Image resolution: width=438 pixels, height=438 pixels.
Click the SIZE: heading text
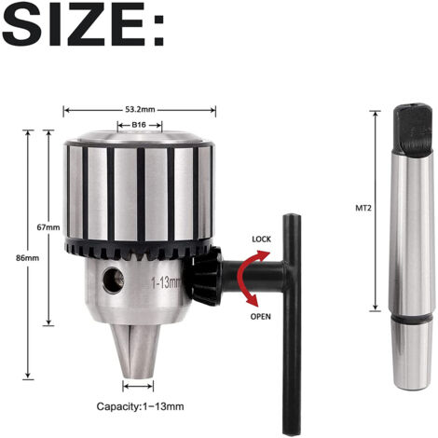[x=83, y=24]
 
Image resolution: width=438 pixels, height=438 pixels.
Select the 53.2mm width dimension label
[x=140, y=109]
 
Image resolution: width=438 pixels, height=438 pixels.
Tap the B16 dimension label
[x=139, y=125]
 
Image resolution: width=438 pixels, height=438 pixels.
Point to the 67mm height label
[x=48, y=227]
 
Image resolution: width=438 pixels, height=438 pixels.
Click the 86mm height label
[x=28, y=258]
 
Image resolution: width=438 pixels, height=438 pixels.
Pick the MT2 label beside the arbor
[x=363, y=208]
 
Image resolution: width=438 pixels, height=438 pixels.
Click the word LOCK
[x=261, y=240]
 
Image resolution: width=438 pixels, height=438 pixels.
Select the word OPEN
[x=260, y=317]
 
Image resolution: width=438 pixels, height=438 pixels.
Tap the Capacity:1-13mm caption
[x=140, y=406]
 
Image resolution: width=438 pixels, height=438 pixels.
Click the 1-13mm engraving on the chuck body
[x=166, y=283]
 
